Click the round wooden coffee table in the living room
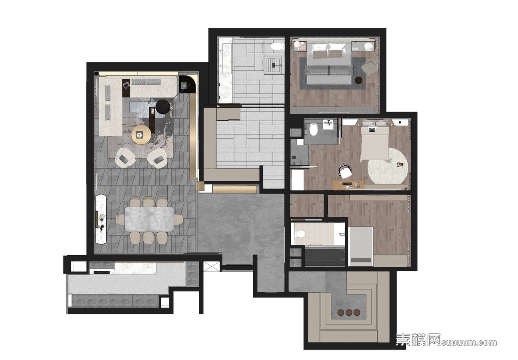pos(141,134)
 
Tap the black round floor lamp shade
pos(165,107)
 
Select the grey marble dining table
pos(149,219)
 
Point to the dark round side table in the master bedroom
pos(359,81)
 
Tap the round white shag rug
pos(388,166)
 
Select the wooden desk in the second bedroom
pos(348,185)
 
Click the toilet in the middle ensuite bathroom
pos(313,130)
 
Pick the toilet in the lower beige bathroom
pos(301,234)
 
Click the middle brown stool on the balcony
pos(349,313)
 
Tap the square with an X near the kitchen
pos(211,266)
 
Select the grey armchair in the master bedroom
pos(369,67)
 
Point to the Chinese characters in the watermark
pos(419,340)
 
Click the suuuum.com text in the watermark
pos(469,342)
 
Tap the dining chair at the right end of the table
pos(178,219)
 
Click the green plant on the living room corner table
pos(184,86)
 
